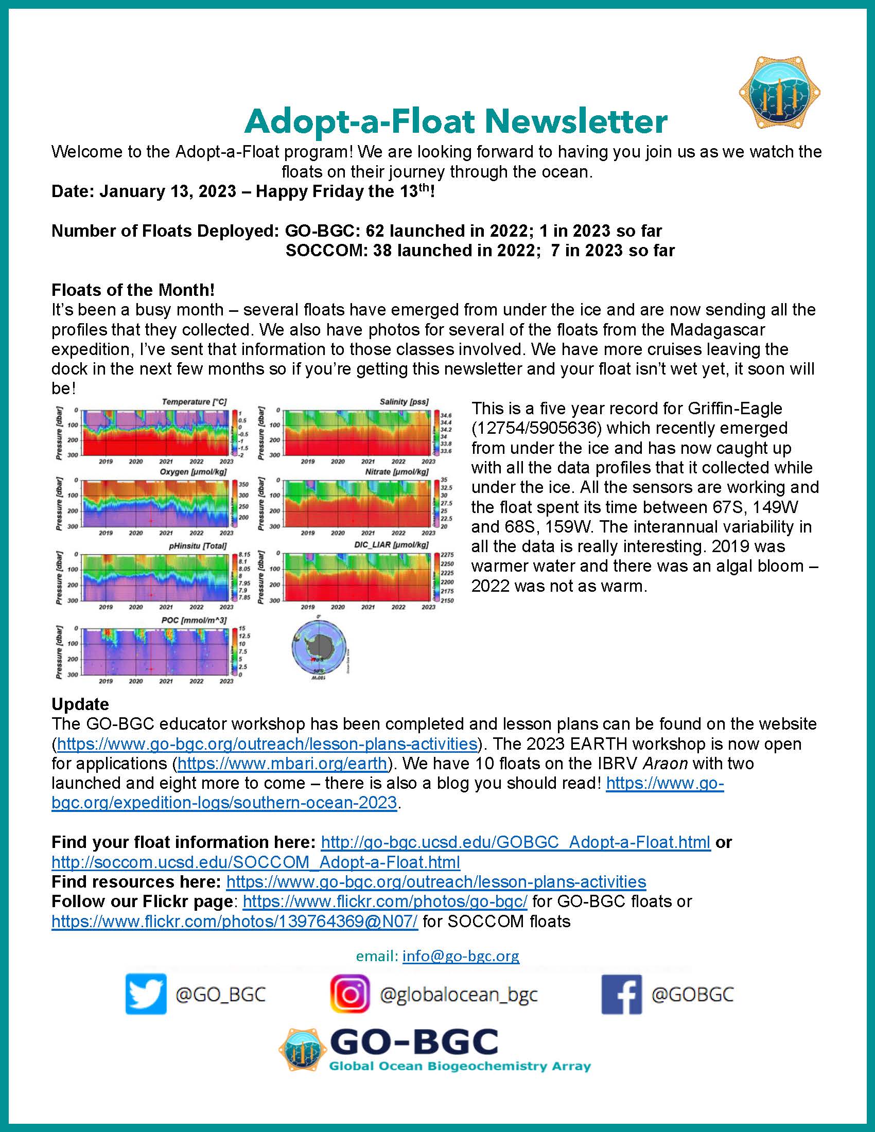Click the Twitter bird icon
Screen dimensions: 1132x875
coord(146,994)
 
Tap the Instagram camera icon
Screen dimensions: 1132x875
coord(351,994)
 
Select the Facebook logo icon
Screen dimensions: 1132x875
coord(621,994)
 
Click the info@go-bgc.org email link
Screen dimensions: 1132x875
coord(460,956)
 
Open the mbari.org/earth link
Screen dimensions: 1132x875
coord(283,764)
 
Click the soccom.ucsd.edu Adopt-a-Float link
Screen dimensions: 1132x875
coord(256,862)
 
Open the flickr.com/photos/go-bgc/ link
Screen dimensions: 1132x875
coord(384,901)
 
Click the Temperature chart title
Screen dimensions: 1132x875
coord(194,402)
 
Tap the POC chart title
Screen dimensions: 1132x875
coord(194,621)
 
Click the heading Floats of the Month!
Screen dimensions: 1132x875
coord(133,290)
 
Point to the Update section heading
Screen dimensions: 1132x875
coord(80,704)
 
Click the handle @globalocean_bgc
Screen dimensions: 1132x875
coord(458,994)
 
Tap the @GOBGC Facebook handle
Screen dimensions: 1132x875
coord(692,994)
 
